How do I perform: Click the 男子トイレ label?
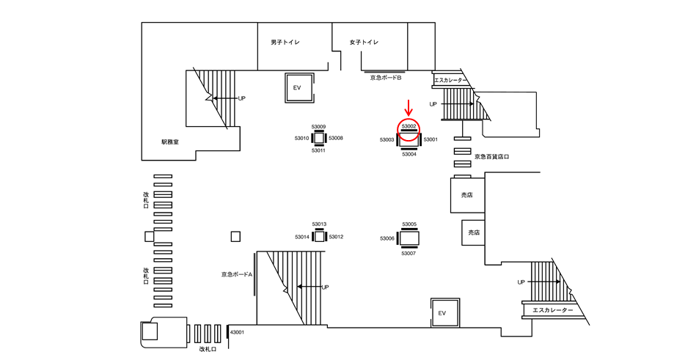pos(285,42)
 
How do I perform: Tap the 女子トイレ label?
pos(364,42)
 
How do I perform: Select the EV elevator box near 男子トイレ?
pos(299,88)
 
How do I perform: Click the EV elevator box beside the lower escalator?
pos(445,313)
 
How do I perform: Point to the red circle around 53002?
pos(409,119)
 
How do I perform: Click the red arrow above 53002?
pos(409,107)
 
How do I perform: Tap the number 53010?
pos(301,139)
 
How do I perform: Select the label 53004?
pos(409,154)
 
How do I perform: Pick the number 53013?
pos(319,224)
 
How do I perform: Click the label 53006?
pos(387,238)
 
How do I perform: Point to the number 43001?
pos(237,332)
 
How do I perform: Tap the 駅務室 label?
pos(170,142)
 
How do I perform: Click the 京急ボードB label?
pos(386,78)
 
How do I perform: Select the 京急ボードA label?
pos(237,274)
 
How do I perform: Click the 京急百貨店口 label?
pos(491,157)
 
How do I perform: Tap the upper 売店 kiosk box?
pos(468,195)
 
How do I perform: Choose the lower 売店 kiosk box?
pos(473,232)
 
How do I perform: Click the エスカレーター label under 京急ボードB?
pos(450,81)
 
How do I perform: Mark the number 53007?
pos(409,254)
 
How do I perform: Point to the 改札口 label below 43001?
pos(208,349)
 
